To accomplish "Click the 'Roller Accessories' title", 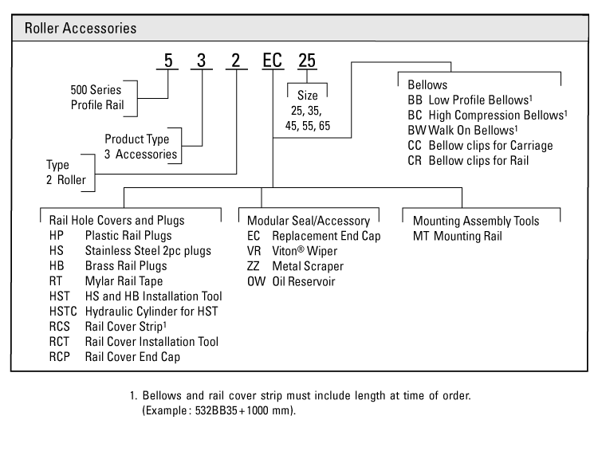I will point(81,28).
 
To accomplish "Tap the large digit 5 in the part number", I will point(167,61).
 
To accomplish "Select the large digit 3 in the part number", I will point(202,61).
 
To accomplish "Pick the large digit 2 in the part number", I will point(237,61).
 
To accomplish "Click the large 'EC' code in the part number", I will point(273,61).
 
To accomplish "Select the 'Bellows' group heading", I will point(427,84).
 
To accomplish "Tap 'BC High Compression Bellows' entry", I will point(487,115).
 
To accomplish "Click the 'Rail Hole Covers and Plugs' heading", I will point(116,221).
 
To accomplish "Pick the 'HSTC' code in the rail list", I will point(64,312).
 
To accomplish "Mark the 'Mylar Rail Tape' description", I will point(124,281).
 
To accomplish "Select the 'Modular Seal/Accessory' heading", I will point(309,221).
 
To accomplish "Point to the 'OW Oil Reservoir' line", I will point(291,281).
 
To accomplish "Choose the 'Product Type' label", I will point(137,139).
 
